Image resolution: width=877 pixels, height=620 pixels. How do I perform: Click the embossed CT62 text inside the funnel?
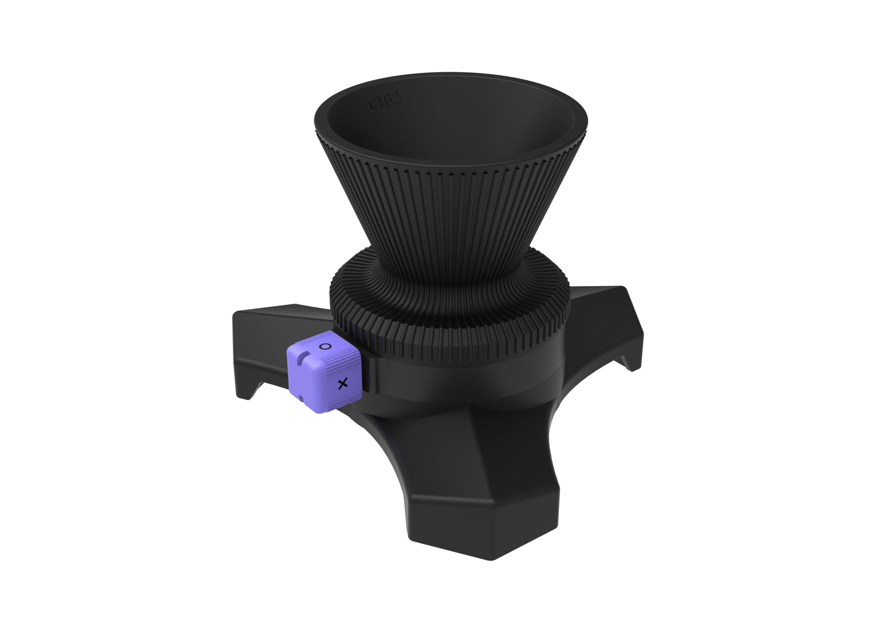[385, 101]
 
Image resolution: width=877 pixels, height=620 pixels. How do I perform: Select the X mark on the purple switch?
[343, 384]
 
